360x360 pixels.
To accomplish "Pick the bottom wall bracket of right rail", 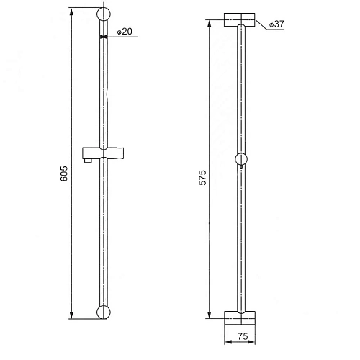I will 240,316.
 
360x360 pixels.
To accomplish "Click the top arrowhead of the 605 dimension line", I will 71,13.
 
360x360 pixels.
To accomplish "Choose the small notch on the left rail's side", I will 109,95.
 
